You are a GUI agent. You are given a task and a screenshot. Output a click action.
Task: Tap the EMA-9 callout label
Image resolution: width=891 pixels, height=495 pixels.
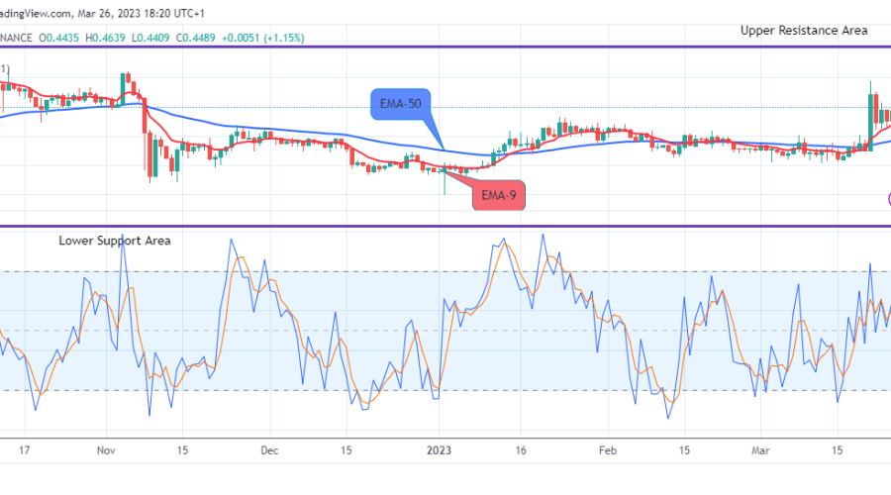tap(498, 195)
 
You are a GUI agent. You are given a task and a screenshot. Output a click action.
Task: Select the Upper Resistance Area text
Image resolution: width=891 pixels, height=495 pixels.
tap(804, 31)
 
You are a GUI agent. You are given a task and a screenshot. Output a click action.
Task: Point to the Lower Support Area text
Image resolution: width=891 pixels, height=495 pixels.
tap(115, 241)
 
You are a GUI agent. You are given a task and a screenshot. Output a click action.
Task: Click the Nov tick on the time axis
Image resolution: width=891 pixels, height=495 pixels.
tap(106, 448)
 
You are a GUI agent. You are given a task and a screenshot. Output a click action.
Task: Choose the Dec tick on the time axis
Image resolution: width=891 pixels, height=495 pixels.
tap(268, 448)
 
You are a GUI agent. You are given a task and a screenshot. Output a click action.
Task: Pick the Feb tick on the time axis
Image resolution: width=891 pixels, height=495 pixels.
tap(608, 448)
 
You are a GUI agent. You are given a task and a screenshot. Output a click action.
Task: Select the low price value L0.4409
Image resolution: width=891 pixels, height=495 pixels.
tap(165, 38)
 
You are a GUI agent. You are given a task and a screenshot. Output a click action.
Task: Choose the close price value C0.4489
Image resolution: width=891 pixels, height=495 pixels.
tap(217, 38)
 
